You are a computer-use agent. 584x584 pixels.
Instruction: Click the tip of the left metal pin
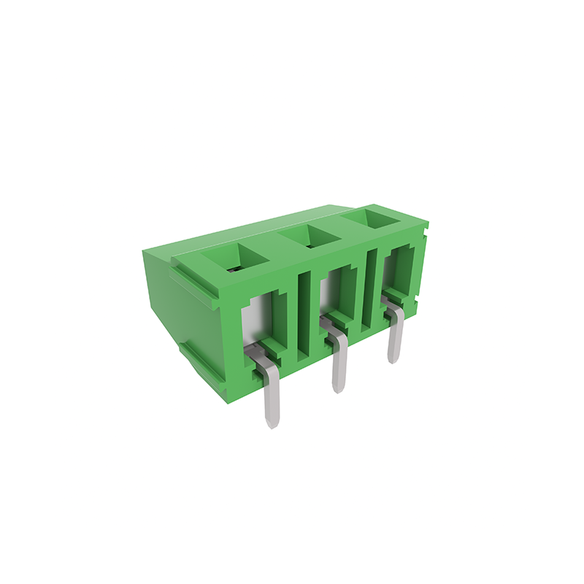click(x=271, y=423)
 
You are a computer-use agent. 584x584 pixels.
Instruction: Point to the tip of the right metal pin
click(x=393, y=358)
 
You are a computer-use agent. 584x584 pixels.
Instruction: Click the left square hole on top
click(x=236, y=258)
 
